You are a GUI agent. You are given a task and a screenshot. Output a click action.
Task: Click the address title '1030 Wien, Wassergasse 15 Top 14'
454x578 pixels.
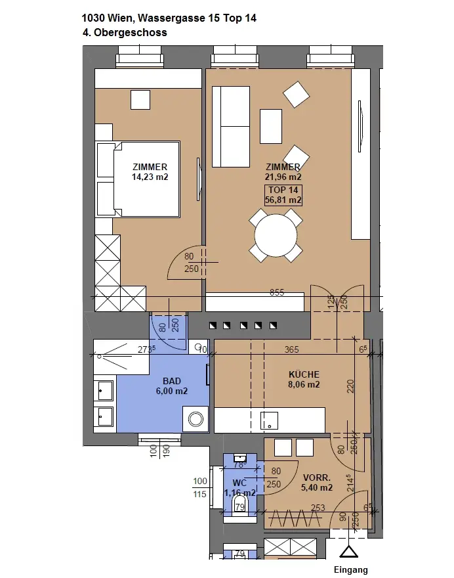(169, 18)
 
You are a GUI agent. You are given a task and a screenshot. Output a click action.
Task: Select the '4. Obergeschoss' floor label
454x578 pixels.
(125, 32)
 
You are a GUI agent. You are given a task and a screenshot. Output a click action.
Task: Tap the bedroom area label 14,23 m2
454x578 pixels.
(150, 177)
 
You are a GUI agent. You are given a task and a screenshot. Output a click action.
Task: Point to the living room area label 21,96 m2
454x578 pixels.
(283, 177)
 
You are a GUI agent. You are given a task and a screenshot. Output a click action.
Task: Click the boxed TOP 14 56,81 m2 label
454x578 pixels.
(283, 195)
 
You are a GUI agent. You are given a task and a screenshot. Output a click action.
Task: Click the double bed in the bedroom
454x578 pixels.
(139, 179)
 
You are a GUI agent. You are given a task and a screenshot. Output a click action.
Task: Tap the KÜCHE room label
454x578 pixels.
(304, 374)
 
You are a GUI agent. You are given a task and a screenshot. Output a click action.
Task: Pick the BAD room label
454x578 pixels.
(172, 381)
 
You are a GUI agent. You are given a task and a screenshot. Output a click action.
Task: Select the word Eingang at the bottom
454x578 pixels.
(351, 569)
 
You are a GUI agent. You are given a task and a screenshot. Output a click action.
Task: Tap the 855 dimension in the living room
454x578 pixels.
(277, 292)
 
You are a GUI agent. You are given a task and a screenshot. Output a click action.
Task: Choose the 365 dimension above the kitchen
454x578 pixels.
(291, 350)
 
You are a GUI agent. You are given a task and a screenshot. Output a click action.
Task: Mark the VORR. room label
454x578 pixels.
(317, 478)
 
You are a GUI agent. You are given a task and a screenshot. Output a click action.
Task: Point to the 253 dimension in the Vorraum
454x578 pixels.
(318, 507)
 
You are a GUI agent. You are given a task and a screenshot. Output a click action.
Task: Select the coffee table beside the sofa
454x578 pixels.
(270, 125)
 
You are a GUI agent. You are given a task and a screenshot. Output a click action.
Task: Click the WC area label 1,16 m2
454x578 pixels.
(239, 493)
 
